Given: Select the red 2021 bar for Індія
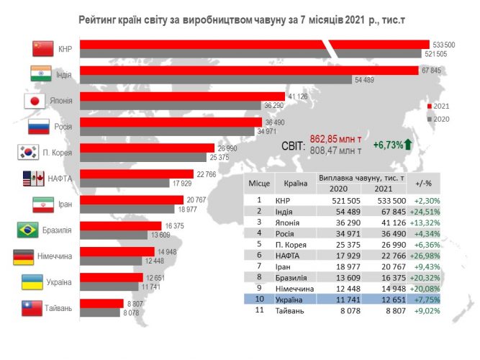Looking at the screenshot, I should coord(248,70).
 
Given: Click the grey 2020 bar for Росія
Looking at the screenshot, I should coord(167,131).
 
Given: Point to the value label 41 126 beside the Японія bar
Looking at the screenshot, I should coord(298,96).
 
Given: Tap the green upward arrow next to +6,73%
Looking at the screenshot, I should coord(407,145).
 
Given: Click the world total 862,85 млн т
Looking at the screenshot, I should coord(335,138).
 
